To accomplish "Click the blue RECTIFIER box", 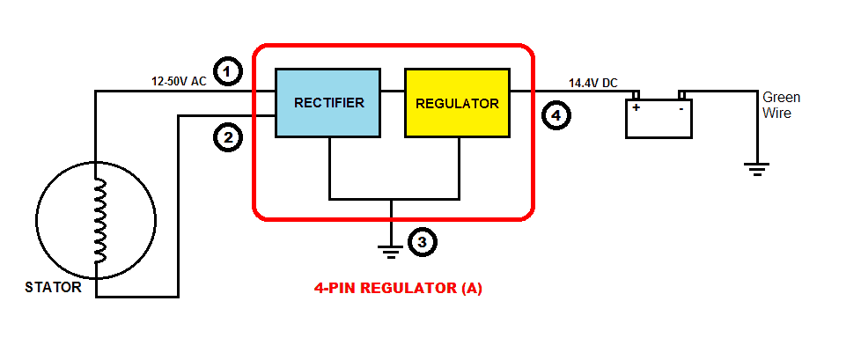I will pos(328,102).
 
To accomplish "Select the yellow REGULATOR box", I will pos(457,102).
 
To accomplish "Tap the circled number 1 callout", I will pos(227,70).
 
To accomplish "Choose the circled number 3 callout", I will pos(422,242).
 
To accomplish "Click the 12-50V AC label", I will pos(179,82).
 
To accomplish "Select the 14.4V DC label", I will pos(592,83).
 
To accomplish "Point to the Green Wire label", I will pos(781,105).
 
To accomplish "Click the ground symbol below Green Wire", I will pos(756,168).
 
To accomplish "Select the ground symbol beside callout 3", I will pos(392,249).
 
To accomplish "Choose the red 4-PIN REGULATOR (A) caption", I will pos(398,288).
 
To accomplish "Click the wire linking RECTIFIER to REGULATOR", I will pos(392,91).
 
